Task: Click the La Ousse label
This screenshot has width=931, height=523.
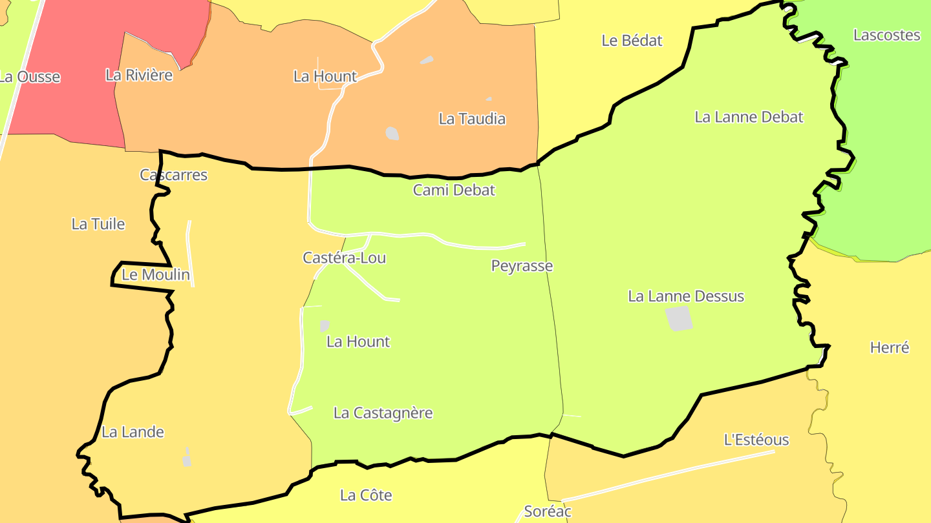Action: [29, 77]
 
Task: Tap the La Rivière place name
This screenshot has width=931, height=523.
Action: [139, 75]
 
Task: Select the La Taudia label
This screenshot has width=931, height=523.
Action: [472, 119]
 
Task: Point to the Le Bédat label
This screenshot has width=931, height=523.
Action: [632, 41]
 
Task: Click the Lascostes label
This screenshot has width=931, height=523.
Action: [886, 35]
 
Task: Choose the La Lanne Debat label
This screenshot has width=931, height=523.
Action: [749, 117]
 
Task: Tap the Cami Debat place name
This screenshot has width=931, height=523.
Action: [454, 190]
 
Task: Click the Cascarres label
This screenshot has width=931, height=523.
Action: [173, 175]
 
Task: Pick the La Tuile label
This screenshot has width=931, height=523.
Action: [98, 224]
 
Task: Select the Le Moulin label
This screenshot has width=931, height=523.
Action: [156, 275]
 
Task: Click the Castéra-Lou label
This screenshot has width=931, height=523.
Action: [344, 258]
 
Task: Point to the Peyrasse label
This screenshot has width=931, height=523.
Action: [522, 266]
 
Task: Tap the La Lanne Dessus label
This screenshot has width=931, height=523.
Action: [686, 296]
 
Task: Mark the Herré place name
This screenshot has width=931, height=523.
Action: [890, 347]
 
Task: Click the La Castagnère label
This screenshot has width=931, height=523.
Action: [383, 413]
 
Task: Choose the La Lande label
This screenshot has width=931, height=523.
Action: [133, 432]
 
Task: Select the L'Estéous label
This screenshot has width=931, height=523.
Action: [756, 440]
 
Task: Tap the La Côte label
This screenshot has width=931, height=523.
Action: [366, 495]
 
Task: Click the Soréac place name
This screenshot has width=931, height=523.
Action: [548, 511]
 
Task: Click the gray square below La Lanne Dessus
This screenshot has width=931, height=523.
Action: [679, 318]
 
